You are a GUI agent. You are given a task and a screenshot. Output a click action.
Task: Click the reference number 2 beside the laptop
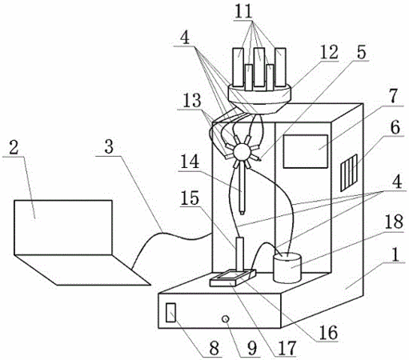pos(14,148)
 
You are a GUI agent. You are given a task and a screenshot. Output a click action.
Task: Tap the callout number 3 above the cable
pos(109,146)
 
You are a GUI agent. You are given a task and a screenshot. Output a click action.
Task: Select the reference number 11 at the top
pos(243,11)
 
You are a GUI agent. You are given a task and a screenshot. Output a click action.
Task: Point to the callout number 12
pos(329,52)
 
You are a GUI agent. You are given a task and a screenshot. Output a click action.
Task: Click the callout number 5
pos(362,52)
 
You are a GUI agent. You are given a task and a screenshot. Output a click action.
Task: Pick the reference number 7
pos(393,97)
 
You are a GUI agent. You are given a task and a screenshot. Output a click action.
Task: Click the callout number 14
pos(190,162)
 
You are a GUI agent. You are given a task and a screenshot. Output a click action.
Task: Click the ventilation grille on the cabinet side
pos(349,173)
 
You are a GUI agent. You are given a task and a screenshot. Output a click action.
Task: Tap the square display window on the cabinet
pos(306,151)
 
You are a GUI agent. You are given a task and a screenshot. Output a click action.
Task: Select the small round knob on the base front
pos(226,318)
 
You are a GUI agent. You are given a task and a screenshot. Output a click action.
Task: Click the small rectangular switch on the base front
pos(170,312)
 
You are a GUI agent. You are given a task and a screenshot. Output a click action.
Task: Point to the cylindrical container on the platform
pos(287,267)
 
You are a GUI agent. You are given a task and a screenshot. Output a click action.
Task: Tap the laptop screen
pos(63,227)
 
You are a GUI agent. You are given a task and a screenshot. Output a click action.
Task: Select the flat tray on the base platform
pos(233,278)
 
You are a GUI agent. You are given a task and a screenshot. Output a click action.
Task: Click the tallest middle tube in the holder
pos(259,67)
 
